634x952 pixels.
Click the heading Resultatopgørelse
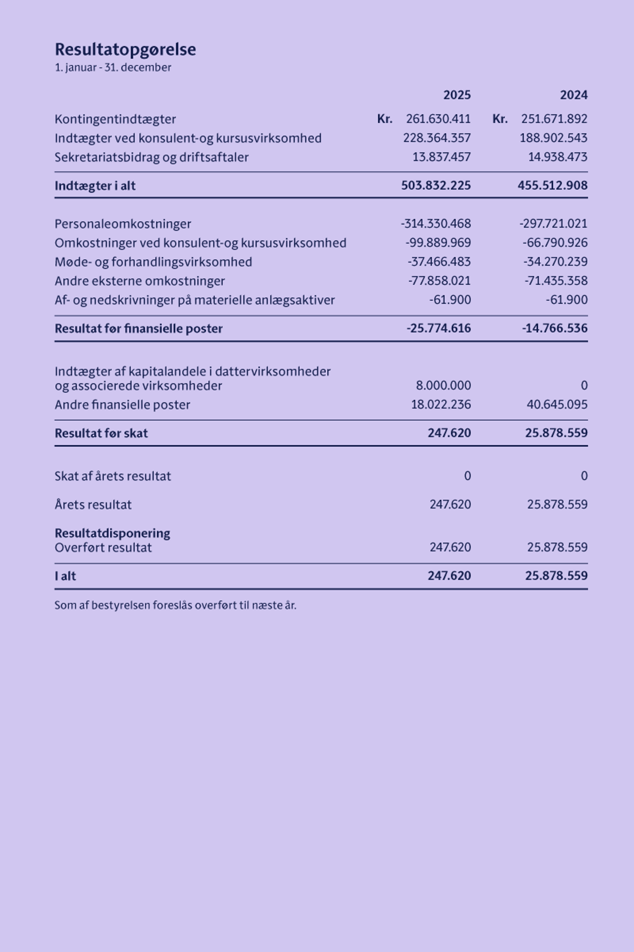(x=125, y=49)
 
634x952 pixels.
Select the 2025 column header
(x=457, y=95)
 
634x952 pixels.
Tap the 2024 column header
(x=574, y=95)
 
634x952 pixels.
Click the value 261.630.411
(x=438, y=119)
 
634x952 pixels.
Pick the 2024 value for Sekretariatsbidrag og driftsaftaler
(x=558, y=157)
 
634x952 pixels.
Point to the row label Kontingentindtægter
(x=115, y=119)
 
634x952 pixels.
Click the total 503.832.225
(x=436, y=185)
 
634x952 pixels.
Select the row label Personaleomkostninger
(x=123, y=224)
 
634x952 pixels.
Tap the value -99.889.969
(x=438, y=243)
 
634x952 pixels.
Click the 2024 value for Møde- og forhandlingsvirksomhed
(x=555, y=262)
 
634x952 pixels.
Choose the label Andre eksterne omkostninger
(x=140, y=281)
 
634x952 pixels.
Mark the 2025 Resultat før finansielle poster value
(x=438, y=329)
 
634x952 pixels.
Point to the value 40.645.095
(x=557, y=405)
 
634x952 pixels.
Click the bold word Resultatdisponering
(x=113, y=533)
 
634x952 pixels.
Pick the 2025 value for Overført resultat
(x=450, y=548)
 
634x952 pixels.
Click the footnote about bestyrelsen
(x=175, y=606)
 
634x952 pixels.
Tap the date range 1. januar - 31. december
(x=113, y=67)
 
